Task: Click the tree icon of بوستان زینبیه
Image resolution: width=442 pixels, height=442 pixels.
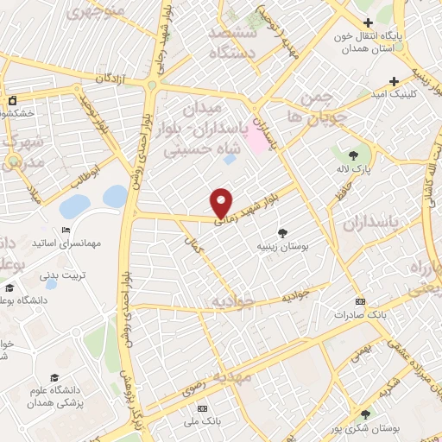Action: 281,232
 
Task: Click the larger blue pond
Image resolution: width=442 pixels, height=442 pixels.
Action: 75,206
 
